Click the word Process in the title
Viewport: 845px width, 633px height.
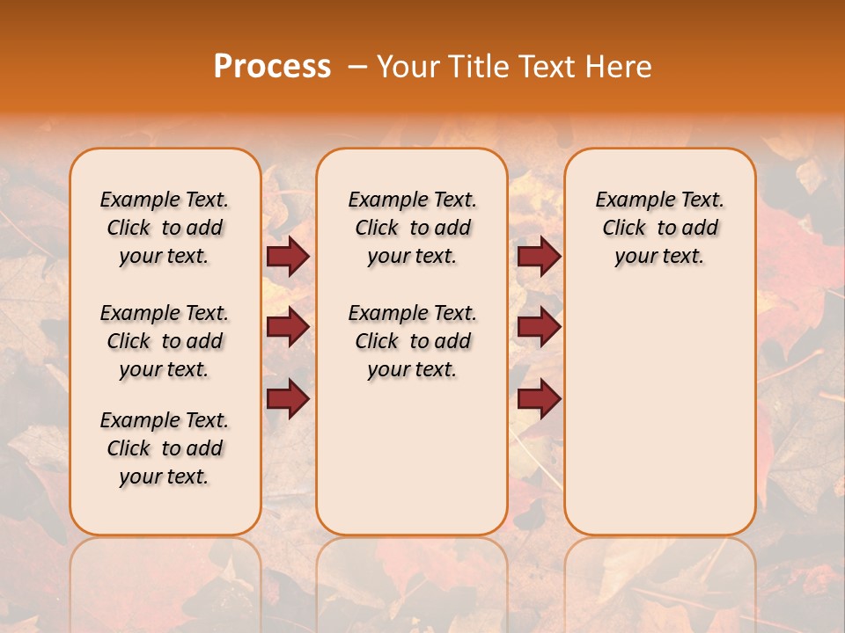click(272, 67)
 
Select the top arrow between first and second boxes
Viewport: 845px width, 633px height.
click(288, 256)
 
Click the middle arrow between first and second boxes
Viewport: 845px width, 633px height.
click(288, 327)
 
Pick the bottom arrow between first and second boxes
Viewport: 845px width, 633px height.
click(288, 398)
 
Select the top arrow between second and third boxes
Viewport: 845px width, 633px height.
click(539, 256)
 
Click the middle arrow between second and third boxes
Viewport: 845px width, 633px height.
click(539, 327)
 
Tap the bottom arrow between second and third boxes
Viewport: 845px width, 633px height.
click(539, 398)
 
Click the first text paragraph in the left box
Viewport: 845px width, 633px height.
click(165, 228)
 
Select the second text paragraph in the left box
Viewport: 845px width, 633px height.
click(165, 341)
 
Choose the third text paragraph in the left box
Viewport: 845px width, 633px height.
click(165, 448)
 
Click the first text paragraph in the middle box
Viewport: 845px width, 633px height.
click(412, 228)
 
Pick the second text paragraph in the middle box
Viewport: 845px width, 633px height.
click(412, 341)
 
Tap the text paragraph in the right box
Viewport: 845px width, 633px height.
click(659, 228)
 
